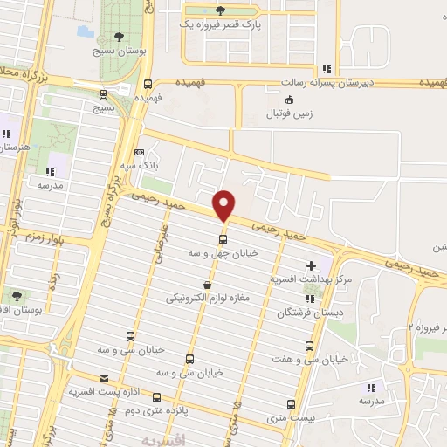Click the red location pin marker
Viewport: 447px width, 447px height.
point(224,204)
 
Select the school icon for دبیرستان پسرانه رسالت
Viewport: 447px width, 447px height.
point(327,69)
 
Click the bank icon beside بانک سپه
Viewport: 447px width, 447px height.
point(139,151)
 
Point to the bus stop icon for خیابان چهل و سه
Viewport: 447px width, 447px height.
point(223,239)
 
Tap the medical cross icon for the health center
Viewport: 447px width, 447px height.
point(312,265)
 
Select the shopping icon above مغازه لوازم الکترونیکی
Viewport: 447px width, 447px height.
point(207,285)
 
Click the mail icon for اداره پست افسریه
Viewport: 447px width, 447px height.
point(105,379)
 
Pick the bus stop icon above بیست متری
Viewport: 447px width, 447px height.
point(292,405)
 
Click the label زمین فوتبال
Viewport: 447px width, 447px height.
point(291,113)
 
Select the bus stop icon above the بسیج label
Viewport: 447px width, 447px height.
point(104,94)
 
